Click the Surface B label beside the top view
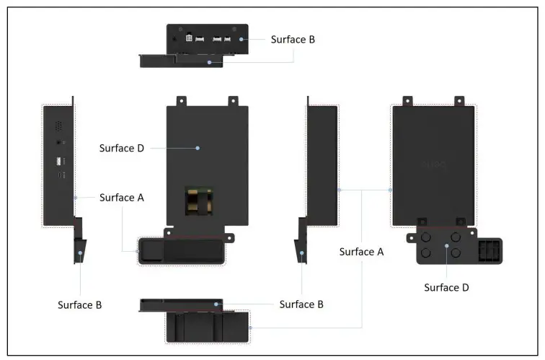point(292,39)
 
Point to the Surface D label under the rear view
point(446,287)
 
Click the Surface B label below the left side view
point(79,304)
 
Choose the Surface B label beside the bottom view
point(301,304)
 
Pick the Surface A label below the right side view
point(360,252)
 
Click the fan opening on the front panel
point(199,201)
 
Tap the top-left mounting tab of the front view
point(182,101)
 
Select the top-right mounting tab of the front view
point(233,101)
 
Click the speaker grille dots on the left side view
point(58,125)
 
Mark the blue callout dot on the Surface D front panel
point(199,147)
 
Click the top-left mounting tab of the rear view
point(407,101)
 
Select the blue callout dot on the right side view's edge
point(339,190)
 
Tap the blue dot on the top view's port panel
point(242,39)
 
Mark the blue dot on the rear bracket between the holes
point(447,246)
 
